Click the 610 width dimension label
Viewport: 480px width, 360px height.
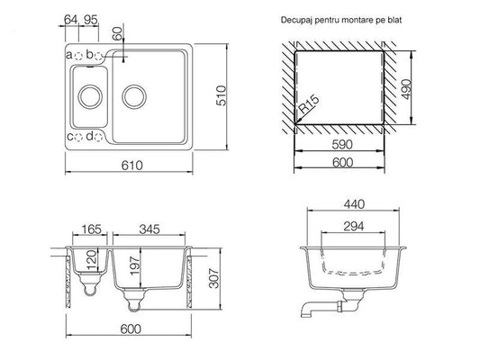(x=132, y=166)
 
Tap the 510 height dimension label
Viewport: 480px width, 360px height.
(x=222, y=95)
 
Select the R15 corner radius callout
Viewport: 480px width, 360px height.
(x=309, y=104)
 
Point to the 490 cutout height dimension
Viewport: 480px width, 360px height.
(x=406, y=89)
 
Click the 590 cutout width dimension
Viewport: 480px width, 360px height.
(x=342, y=144)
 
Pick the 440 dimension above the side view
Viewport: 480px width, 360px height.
(x=354, y=204)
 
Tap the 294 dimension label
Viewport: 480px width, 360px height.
(x=354, y=226)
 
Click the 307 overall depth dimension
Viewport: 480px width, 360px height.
(x=213, y=278)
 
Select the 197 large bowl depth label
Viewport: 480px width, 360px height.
(x=135, y=266)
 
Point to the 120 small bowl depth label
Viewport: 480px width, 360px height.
(x=92, y=260)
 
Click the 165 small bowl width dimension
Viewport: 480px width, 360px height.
(x=91, y=229)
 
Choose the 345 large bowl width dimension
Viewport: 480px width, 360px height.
(x=149, y=229)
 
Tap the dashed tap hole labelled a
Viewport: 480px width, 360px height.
(x=78, y=56)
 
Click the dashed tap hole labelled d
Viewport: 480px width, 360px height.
(x=98, y=137)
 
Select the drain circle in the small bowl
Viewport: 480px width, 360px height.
(x=90, y=96)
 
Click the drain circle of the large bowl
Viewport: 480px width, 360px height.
(x=134, y=96)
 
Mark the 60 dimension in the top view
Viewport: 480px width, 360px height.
(x=117, y=33)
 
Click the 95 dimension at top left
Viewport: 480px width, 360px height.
(x=91, y=20)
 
